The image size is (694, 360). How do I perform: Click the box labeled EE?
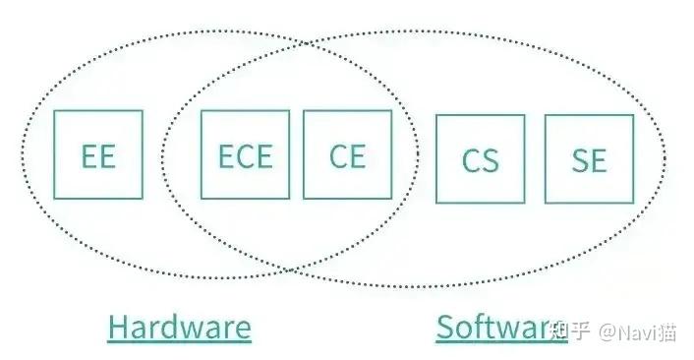click(98, 154)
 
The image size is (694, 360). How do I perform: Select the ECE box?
click(245, 154)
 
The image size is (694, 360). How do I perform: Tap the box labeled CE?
click(347, 154)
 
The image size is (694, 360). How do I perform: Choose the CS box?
click(480, 159)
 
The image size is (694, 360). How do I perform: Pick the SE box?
click(588, 159)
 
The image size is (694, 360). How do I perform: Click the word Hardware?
click(179, 327)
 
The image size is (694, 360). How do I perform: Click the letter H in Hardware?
click(118, 327)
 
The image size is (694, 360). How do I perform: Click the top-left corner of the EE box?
click(55, 111)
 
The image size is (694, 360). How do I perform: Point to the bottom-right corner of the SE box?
click(632, 203)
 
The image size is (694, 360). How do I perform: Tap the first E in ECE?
click(226, 155)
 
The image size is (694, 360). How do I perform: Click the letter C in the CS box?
click(470, 160)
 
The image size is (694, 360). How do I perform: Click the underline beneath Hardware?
click(179, 342)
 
